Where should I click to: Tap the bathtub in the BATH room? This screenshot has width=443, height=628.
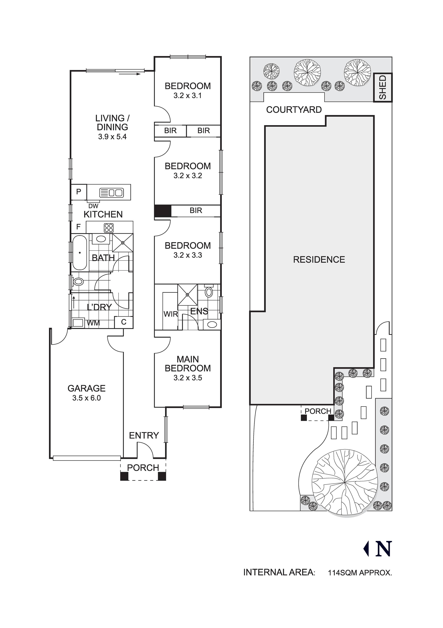80,252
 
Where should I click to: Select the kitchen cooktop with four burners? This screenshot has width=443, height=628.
109,228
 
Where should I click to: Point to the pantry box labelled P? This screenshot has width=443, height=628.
79,192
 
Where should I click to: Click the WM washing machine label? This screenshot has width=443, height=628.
93,323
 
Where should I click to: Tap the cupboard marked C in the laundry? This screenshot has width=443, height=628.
124,322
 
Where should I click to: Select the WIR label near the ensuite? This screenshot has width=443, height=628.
171,314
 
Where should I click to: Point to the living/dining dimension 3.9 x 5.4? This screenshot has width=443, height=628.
112,137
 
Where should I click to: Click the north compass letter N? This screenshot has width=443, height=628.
383,549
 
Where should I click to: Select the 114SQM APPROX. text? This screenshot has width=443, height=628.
360,573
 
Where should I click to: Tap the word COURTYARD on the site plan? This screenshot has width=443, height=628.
294,110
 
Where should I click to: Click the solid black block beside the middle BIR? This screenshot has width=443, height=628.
163,211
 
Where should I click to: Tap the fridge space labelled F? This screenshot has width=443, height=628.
78,227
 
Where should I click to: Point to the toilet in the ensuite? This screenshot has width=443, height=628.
209,292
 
